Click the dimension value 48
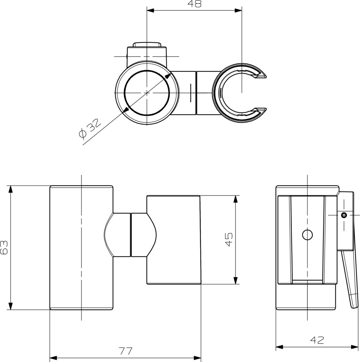195,4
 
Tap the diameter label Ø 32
89,128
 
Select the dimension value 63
4,247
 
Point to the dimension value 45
229,240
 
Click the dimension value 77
126,351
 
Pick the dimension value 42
317,340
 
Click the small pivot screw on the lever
344,215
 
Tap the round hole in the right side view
307,235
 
